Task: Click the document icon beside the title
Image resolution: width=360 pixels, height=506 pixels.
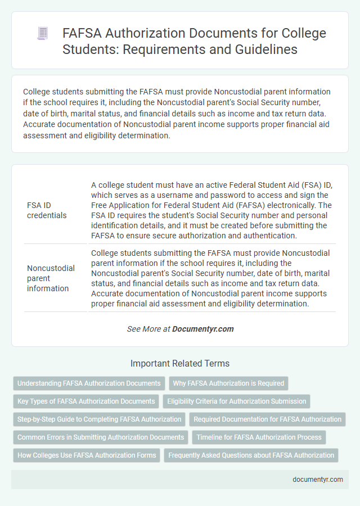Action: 43,33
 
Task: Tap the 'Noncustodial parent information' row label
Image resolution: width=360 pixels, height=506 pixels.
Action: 51,278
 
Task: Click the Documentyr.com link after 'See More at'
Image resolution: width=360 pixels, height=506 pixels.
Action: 203,329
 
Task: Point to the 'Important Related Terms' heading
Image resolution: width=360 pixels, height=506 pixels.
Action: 180,363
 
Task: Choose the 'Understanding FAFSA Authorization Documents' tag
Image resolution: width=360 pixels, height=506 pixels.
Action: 89,383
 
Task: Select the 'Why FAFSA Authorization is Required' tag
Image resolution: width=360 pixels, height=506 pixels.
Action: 228,383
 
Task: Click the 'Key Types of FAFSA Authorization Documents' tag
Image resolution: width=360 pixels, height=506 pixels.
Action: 86,401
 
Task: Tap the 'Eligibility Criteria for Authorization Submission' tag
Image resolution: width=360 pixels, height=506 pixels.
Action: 237,401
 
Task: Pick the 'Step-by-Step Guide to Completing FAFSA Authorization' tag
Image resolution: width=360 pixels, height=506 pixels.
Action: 100,419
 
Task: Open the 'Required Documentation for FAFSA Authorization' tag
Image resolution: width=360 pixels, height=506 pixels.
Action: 268,419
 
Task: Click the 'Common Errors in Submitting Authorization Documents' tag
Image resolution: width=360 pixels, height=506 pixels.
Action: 101,437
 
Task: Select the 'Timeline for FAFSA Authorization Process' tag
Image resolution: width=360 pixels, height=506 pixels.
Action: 259,437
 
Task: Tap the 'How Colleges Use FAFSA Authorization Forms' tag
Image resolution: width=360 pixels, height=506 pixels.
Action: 87,455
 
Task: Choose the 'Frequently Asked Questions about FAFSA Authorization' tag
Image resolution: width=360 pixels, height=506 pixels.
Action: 251,455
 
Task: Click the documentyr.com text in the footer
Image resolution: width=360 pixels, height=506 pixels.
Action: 318,480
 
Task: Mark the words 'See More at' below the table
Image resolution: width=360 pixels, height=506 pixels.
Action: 148,329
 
